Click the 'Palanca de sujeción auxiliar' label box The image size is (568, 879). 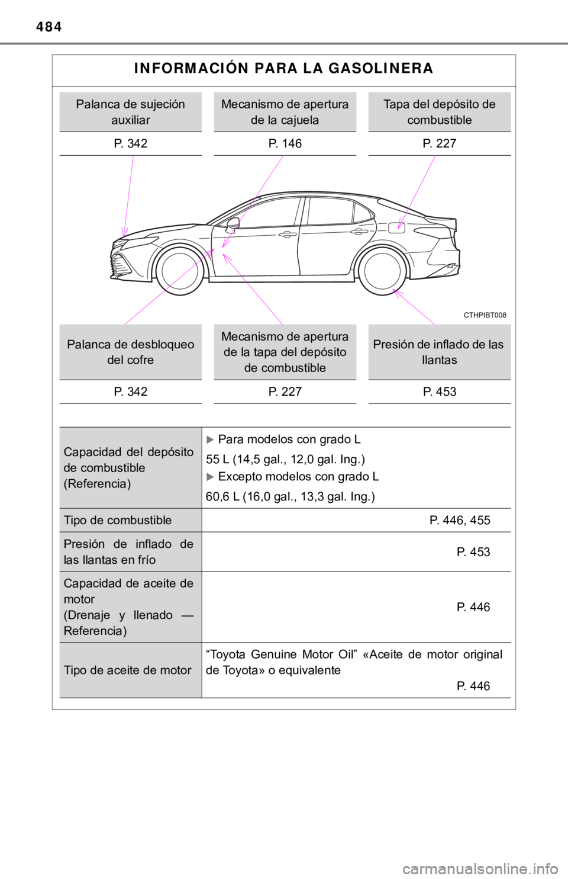pyautogui.click(x=130, y=111)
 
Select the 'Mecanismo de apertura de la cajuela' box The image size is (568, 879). pyautogui.click(x=285, y=111)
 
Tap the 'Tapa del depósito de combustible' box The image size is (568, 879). pyautogui.click(x=439, y=111)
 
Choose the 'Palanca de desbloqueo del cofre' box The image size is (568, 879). pyautogui.click(x=130, y=352)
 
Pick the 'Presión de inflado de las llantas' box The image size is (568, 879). pyautogui.click(x=439, y=352)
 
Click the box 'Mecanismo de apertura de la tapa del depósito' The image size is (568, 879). pyautogui.click(x=285, y=352)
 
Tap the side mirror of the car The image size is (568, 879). pyautogui.click(x=233, y=224)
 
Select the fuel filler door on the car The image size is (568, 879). pyautogui.click(x=396, y=227)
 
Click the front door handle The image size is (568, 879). pyautogui.click(x=288, y=235)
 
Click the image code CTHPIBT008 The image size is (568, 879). pyautogui.click(x=485, y=315)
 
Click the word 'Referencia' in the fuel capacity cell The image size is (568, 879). pyautogui.click(x=98, y=483)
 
